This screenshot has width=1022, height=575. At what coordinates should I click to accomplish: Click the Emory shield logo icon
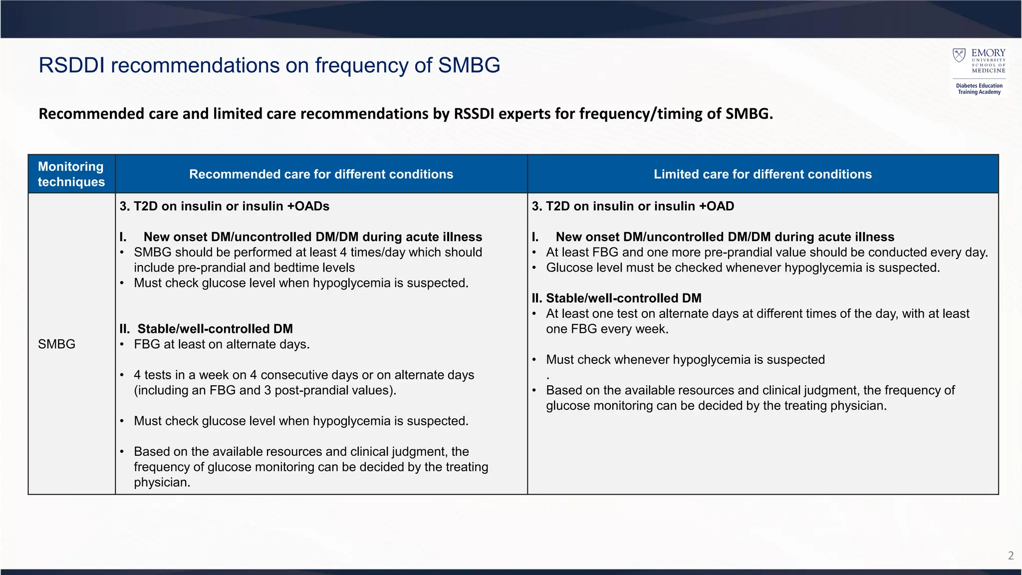pos(959,55)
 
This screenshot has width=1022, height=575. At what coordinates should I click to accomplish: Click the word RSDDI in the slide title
pos(72,65)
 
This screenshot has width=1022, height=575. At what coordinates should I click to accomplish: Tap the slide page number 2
pos(1011,556)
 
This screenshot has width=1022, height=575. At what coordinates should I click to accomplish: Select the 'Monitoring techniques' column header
pos(71,174)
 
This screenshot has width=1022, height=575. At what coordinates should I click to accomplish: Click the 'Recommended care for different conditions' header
pos(321,174)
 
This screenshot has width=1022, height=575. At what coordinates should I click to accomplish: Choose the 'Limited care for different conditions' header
pos(763,174)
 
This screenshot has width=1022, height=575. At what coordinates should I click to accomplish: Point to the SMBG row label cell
pos(56,344)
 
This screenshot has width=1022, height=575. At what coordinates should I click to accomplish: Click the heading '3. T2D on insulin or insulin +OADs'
pos(225,206)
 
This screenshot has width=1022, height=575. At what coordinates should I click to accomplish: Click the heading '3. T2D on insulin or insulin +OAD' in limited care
pos(633,206)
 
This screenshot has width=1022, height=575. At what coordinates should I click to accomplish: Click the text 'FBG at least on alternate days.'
pos(222,344)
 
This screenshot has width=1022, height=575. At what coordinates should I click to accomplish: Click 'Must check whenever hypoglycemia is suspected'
pos(685,359)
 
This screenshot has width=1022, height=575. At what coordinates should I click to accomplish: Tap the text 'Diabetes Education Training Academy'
pos(979,89)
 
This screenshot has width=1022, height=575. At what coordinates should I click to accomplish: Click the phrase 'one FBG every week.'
pos(607,329)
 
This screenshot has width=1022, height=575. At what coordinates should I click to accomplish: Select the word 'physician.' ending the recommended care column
pos(162,483)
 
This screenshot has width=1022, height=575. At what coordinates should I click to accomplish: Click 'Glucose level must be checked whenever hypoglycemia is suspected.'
pos(743,268)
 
